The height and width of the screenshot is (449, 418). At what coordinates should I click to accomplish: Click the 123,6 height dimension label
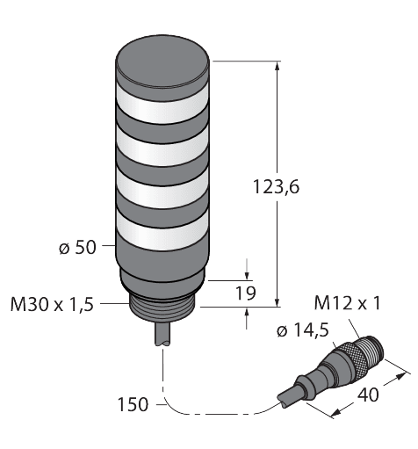[x=276, y=187]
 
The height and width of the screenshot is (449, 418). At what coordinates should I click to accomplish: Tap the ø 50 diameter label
[x=77, y=248]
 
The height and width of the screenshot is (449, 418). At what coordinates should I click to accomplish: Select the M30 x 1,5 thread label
[x=52, y=304]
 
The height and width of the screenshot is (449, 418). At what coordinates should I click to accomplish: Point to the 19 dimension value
[x=246, y=293]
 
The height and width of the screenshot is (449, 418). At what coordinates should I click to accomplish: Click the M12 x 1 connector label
[x=347, y=302]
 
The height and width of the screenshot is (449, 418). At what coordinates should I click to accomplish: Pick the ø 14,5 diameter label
[x=303, y=330]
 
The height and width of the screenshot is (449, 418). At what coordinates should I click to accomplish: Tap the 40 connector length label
[x=368, y=395]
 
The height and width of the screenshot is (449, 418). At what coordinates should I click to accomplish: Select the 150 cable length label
[x=133, y=404]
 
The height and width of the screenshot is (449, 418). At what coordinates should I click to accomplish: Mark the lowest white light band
[x=162, y=230]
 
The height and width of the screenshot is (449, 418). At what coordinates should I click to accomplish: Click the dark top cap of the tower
[x=162, y=62]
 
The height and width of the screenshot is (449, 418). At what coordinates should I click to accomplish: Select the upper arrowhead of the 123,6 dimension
[x=277, y=66]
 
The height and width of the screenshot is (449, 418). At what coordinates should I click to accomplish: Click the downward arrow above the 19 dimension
[x=247, y=269]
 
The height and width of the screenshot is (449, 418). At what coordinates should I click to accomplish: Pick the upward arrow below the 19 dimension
[x=247, y=318]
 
